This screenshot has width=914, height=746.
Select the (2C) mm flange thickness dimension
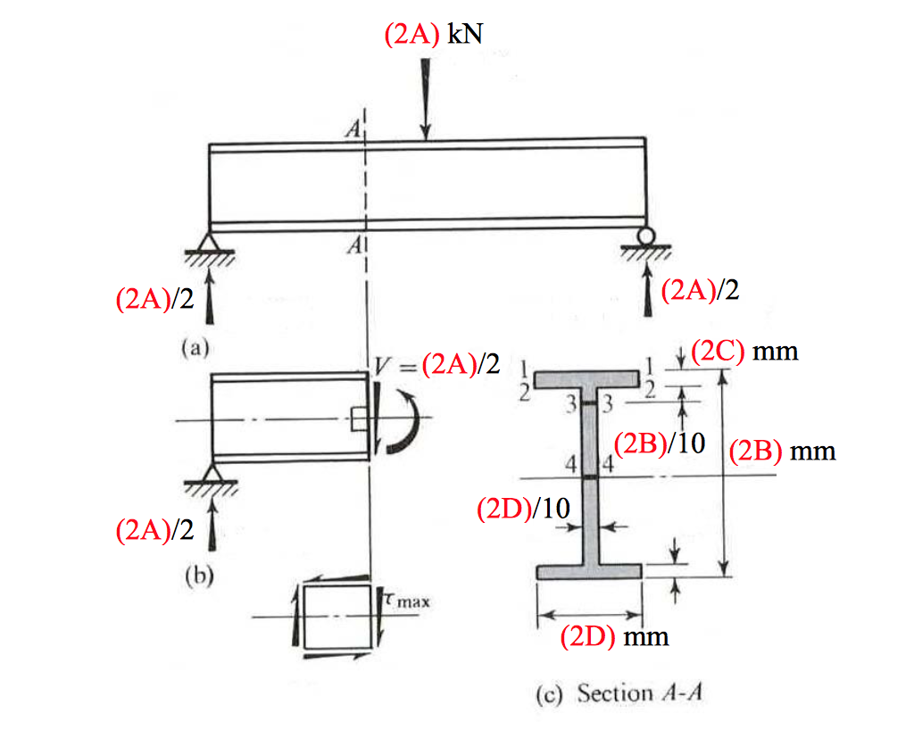tap(744, 351)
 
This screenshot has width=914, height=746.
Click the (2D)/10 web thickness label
tap(523, 509)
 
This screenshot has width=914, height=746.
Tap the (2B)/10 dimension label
tap(661, 443)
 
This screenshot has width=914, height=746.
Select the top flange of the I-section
tap(589, 378)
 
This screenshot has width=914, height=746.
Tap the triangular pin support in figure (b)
tap(212, 473)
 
